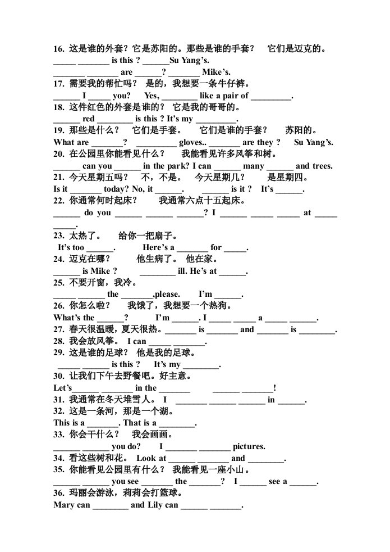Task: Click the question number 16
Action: point(59,49)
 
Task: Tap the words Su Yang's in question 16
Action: point(189,61)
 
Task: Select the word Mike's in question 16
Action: point(217,72)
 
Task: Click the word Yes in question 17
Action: point(152,96)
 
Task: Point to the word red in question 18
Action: point(89,119)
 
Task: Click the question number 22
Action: point(59,201)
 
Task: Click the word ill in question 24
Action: point(182,271)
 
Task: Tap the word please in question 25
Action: point(168,295)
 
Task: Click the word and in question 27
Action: point(247,329)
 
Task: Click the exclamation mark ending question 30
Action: point(275,388)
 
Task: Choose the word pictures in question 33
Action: point(249,447)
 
